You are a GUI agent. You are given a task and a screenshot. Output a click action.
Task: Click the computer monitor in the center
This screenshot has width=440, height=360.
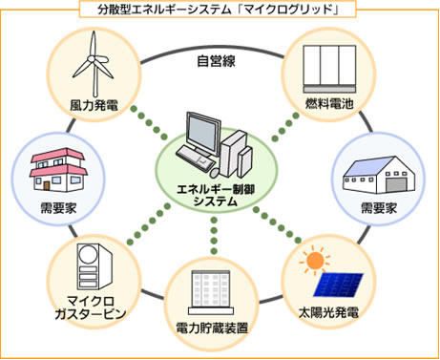pyautogui.click(x=202, y=136)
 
